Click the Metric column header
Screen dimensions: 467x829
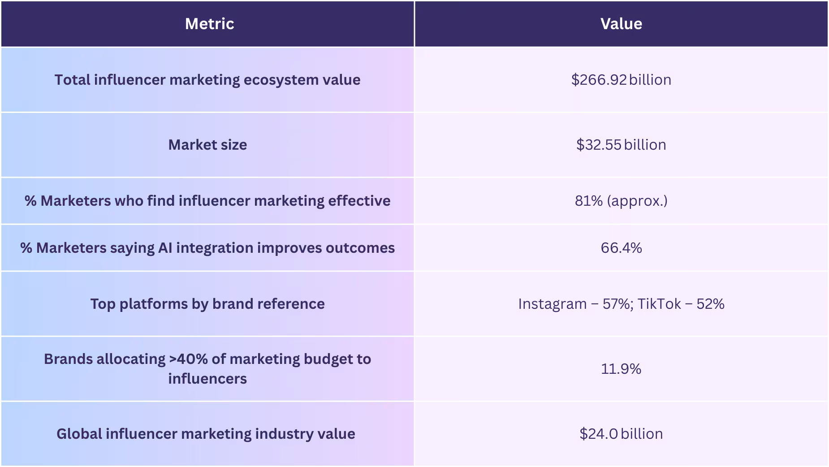pos(209,24)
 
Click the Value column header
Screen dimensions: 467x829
pos(621,24)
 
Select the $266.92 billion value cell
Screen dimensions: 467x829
pos(621,80)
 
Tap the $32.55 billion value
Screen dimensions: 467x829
pos(621,145)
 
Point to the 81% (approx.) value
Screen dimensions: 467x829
pos(621,201)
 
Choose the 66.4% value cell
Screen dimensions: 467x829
pos(621,248)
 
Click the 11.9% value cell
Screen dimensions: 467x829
pos(621,369)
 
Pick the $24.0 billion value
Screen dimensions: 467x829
pos(621,434)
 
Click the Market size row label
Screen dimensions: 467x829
pos(207,145)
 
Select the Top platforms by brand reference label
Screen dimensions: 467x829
pos(207,304)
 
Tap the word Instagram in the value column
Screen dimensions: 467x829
pos(552,304)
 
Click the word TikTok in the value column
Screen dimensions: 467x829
pos(659,304)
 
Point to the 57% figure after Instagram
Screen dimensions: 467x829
pos(617,304)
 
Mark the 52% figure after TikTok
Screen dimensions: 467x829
pos(710,304)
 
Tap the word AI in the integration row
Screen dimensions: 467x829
pos(165,248)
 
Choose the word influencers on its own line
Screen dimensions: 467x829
pos(207,379)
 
